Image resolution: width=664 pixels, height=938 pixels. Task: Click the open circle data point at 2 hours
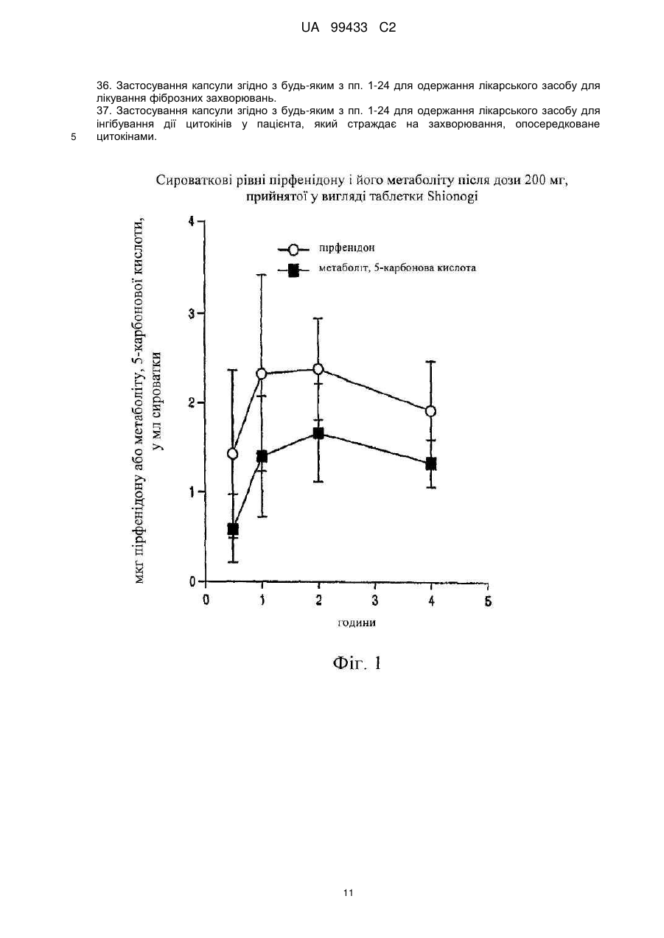tap(318, 369)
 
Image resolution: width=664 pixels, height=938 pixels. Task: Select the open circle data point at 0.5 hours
tap(232, 453)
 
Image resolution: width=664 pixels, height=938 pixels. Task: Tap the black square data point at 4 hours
tap(431, 463)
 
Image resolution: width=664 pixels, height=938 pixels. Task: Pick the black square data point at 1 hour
tap(262, 456)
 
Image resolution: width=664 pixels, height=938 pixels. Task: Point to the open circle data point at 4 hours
tap(430, 411)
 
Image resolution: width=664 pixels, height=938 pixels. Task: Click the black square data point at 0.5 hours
tap(233, 529)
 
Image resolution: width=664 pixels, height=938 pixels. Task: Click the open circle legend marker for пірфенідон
tap(293, 250)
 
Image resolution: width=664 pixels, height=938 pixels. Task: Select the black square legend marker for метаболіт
tap(293, 270)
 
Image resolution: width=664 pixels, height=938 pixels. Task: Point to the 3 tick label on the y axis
tap(192, 313)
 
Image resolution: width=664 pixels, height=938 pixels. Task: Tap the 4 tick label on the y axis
tap(192, 221)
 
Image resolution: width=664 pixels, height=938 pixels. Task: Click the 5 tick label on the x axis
tap(488, 602)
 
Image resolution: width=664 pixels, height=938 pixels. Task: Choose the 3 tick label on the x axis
tap(375, 601)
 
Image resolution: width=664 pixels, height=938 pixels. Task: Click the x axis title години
tap(357, 623)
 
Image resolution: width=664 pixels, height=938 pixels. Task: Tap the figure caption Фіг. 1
tap(357, 663)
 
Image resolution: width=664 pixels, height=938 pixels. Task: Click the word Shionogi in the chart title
tap(452, 197)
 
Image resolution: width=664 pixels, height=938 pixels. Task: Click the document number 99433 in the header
tap(349, 28)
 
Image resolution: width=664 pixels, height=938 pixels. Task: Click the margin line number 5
tap(73, 137)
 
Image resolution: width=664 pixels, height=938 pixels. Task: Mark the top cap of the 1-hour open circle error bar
tap(262, 275)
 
